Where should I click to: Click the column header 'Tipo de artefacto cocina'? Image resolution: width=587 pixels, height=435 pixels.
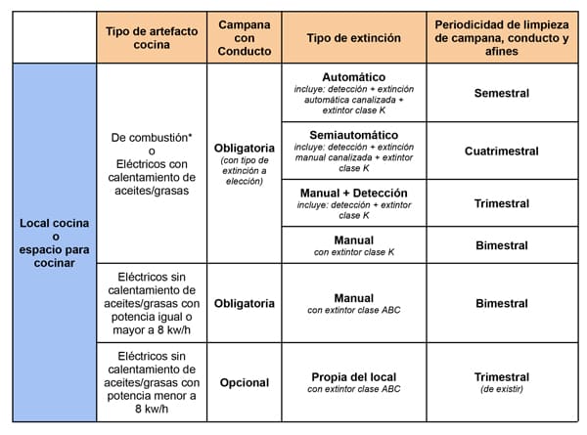[152, 36]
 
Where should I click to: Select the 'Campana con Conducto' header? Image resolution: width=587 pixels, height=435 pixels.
[244, 36]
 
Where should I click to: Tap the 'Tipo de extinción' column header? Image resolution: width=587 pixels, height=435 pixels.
[353, 36]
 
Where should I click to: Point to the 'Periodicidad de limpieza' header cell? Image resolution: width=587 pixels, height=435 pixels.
[501, 36]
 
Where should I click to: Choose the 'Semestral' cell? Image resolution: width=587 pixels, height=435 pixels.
[501, 93]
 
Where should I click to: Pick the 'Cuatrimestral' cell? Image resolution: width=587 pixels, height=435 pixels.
[501, 151]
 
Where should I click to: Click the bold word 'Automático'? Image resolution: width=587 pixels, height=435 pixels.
[353, 76]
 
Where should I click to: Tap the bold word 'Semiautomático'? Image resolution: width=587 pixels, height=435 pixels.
[353, 134]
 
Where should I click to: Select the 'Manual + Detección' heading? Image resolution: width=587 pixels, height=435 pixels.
[353, 193]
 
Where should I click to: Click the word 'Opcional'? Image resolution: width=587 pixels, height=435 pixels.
[244, 382]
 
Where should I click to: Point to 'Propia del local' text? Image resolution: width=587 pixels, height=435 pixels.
[353, 376]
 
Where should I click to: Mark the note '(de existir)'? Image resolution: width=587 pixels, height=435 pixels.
[501, 389]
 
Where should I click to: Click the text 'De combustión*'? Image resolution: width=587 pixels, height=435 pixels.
[152, 137]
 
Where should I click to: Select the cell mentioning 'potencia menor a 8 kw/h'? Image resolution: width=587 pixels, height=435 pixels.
[152, 382]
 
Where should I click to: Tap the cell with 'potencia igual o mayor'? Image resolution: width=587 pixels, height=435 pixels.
[152, 304]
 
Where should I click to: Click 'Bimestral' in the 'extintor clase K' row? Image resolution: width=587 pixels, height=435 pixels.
[501, 245]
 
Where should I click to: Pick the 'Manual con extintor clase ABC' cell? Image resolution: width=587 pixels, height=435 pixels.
[353, 304]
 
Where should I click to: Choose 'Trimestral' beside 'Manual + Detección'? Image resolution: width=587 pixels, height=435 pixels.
[501, 203]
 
